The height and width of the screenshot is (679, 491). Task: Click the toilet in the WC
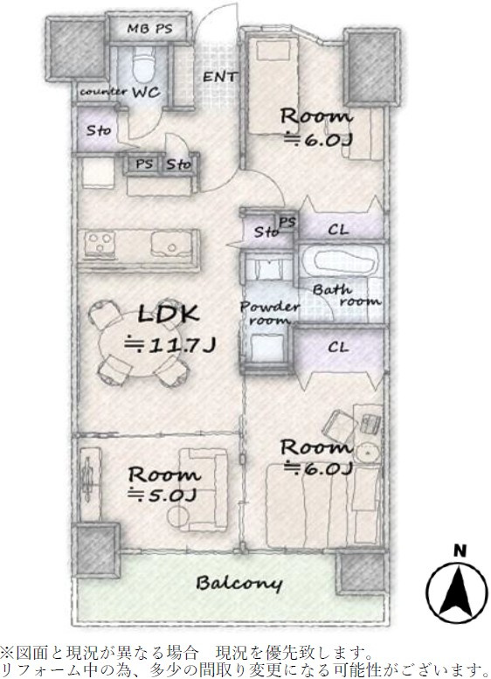click(x=144, y=64)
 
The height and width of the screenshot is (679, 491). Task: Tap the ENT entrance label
click(x=220, y=77)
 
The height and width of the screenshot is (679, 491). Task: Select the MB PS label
click(x=149, y=29)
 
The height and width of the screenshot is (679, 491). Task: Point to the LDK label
click(x=168, y=314)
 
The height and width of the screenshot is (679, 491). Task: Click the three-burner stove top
click(x=100, y=244)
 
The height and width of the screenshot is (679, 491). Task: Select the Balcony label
click(x=239, y=583)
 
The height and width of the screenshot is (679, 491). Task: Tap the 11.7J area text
click(x=169, y=344)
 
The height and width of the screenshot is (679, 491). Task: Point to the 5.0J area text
click(x=163, y=494)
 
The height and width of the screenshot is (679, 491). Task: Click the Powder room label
click(x=269, y=314)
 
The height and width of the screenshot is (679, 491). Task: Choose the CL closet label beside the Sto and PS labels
click(x=338, y=229)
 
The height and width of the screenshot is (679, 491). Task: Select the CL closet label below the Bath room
click(x=338, y=347)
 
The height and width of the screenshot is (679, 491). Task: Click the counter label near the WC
click(x=103, y=92)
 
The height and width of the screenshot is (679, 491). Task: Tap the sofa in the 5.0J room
click(x=203, y=489)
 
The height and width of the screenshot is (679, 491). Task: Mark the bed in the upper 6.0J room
click(x=273, y=86)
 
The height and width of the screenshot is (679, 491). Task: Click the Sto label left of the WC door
click(x=98, y=130)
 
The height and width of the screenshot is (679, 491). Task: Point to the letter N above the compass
click(x=460, y=551)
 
